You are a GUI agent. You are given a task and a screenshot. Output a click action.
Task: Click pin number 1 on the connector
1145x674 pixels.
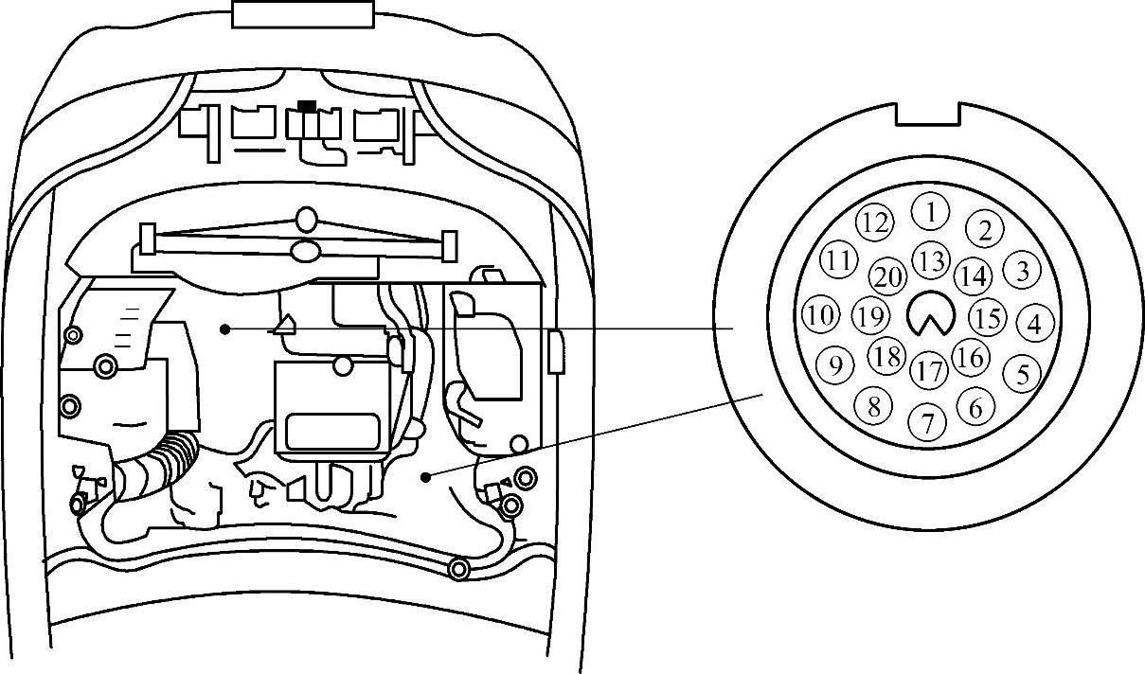(x=933, y=211)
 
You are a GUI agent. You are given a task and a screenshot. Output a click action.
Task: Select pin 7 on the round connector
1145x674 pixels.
(x=927, y=422)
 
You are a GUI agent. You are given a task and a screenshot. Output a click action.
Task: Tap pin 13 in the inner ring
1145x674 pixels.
(x=932, y=260)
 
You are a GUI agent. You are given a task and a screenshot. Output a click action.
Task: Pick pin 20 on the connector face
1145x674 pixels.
(x=888, y=276)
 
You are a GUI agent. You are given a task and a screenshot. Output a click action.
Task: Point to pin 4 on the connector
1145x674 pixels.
(x=1034, y=324)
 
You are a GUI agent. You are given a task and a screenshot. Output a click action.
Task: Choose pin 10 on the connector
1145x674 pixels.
(x=821, y=314)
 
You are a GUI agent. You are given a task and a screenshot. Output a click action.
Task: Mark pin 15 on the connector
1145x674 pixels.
(x=988, y=317)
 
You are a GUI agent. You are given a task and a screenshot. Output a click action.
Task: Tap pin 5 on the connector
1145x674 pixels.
(x=1021, y=373)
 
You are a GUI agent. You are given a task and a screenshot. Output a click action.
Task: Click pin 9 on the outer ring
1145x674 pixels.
(x=834, y=364)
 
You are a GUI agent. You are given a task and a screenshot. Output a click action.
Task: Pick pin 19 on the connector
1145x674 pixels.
(x=869, y=314)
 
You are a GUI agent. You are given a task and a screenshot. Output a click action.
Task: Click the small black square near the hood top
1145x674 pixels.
(x=306, y=106)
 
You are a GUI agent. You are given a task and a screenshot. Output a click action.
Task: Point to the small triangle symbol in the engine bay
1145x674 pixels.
(x=283, y=325)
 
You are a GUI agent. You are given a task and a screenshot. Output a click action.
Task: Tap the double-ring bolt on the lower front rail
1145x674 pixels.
(x=458, y=569)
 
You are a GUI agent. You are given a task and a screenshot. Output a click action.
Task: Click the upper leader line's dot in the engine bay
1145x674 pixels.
(x=224, y=328)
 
